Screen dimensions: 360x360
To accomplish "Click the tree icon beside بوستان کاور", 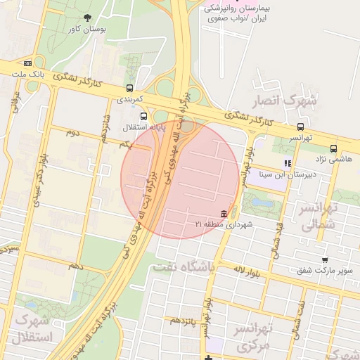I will pos(87,18).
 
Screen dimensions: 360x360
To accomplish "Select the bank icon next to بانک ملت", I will pos(27,63).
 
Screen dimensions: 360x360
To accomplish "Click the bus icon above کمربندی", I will pos(129,89).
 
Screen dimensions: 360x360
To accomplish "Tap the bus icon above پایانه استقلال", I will pos(143,116).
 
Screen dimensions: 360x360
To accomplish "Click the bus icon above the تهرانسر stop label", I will pos(301,127).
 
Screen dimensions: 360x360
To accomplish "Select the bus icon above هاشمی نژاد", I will pos(333,148).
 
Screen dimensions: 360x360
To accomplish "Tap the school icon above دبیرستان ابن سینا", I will pos(288,163).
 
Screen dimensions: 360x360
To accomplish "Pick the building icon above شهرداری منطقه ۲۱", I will pos(224,213).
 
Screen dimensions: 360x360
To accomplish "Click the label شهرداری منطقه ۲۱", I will pos(224,224).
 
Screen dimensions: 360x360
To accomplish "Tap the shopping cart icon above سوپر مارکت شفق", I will pos(323,260).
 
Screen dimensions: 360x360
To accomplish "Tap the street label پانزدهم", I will pos(185,321).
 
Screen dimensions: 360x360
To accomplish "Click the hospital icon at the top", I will pos(208,8).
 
